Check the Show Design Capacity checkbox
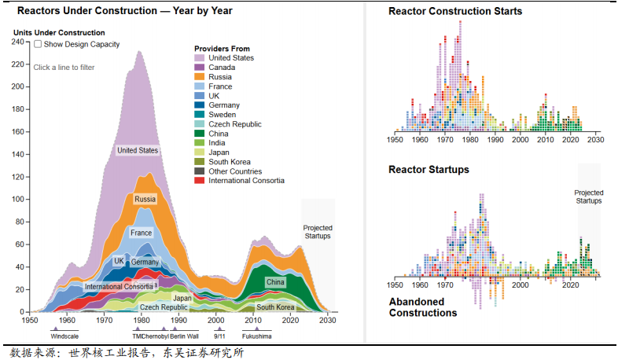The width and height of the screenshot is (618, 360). tap(38, 45)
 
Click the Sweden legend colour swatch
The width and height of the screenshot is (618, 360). tap(200, 115)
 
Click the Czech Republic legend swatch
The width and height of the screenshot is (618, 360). tap(200, 124)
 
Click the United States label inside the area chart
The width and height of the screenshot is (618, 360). tap(138, 150)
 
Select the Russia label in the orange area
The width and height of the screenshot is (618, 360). tap(145, 199)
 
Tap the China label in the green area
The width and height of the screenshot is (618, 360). tap(275, 281)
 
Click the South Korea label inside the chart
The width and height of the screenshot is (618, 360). tap(275, 307)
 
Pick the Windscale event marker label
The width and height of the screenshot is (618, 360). tap(64, 336)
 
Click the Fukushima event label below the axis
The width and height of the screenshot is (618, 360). tap(256, 336)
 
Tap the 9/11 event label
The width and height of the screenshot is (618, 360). tap(219, 336)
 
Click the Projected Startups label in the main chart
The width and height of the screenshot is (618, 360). tap(318, 232)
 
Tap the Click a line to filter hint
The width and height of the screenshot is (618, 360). tap(64, 68)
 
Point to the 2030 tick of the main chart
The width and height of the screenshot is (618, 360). tap(329, 321)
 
